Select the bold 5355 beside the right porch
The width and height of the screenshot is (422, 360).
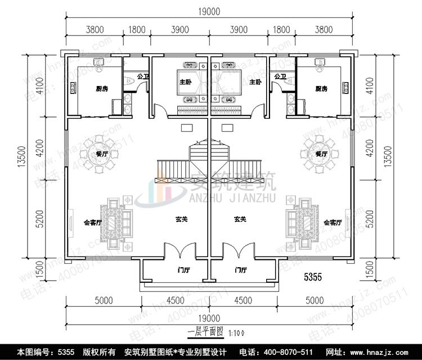click(x=312, y=277)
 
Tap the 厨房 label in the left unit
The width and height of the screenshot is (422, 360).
click(x=102, y=89)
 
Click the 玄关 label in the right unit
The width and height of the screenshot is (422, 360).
click(x=240, y=219)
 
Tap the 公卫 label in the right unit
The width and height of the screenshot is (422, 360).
click(x=280, y=76)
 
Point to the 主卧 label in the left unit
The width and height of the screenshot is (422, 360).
click(x=186, y=83)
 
